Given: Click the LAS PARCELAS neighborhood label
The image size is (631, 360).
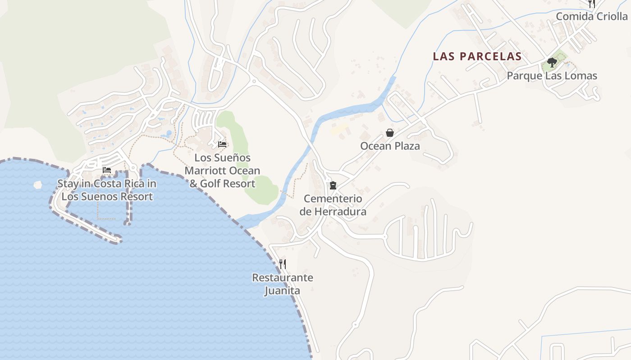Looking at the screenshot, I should [477, 57].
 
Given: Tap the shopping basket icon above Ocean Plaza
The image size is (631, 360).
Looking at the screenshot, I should [390, 133].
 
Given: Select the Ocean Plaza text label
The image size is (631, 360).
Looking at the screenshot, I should [390, 146].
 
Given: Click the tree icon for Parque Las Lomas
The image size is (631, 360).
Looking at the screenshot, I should [552, 62].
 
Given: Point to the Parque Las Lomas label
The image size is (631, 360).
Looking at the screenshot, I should [552, 76].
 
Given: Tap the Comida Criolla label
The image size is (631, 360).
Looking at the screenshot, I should [591, 17].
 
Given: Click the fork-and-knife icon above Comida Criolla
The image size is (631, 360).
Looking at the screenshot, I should [591, 4].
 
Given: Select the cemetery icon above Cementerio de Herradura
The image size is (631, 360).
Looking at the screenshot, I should [333, 185].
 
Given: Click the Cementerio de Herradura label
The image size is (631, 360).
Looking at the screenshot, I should [333, 205].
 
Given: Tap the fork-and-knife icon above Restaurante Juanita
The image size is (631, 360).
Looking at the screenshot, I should [283, 264].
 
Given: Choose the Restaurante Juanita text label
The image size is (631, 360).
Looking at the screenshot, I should [282, 284].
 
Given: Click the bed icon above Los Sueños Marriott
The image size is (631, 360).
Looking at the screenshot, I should [222, 144].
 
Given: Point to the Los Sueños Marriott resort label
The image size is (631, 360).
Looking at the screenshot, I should [222, 171].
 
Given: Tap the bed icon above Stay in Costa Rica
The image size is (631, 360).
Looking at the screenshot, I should [107, 170].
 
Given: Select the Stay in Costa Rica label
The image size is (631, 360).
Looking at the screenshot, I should [107, 190].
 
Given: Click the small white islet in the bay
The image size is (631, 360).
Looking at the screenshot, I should [37, 184].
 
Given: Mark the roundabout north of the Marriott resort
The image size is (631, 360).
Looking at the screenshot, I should [254, 81].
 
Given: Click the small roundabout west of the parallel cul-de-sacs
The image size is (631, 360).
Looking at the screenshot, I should [385, 236].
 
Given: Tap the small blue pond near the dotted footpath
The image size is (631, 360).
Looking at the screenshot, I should [169, 134].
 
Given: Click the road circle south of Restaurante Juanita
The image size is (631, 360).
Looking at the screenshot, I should [355, 324].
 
